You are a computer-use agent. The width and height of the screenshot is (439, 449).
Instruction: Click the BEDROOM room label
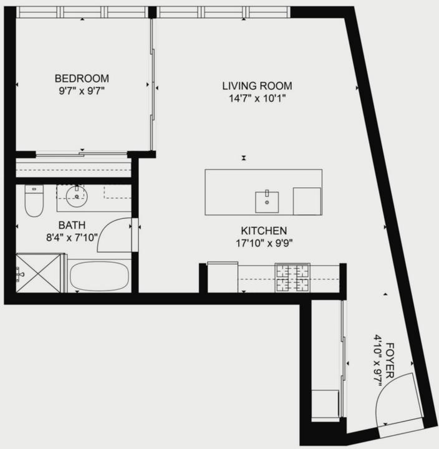82,79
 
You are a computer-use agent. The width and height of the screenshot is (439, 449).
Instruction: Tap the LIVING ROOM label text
257,86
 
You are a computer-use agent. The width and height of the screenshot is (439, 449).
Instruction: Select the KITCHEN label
264,231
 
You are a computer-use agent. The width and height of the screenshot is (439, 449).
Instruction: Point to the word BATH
72,225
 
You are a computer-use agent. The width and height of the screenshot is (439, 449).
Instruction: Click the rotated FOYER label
390,360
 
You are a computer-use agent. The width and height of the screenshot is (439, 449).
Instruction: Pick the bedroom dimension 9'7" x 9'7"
82,91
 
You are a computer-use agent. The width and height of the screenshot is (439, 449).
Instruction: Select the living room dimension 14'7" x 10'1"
257,99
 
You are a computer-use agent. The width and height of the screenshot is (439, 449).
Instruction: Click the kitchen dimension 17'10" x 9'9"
264,243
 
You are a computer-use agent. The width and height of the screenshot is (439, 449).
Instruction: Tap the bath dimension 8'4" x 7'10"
72,238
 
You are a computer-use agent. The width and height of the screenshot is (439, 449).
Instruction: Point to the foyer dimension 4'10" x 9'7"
378,360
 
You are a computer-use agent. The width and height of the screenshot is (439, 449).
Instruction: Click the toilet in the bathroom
34,200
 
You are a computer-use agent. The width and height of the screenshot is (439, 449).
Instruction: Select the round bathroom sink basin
77,196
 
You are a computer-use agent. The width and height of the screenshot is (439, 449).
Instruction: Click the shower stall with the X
39,273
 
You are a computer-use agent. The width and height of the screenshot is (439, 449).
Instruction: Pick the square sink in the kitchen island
267,202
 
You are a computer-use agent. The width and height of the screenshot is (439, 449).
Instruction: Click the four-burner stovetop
292,278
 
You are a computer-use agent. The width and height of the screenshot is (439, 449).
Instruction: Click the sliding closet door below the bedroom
82,155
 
